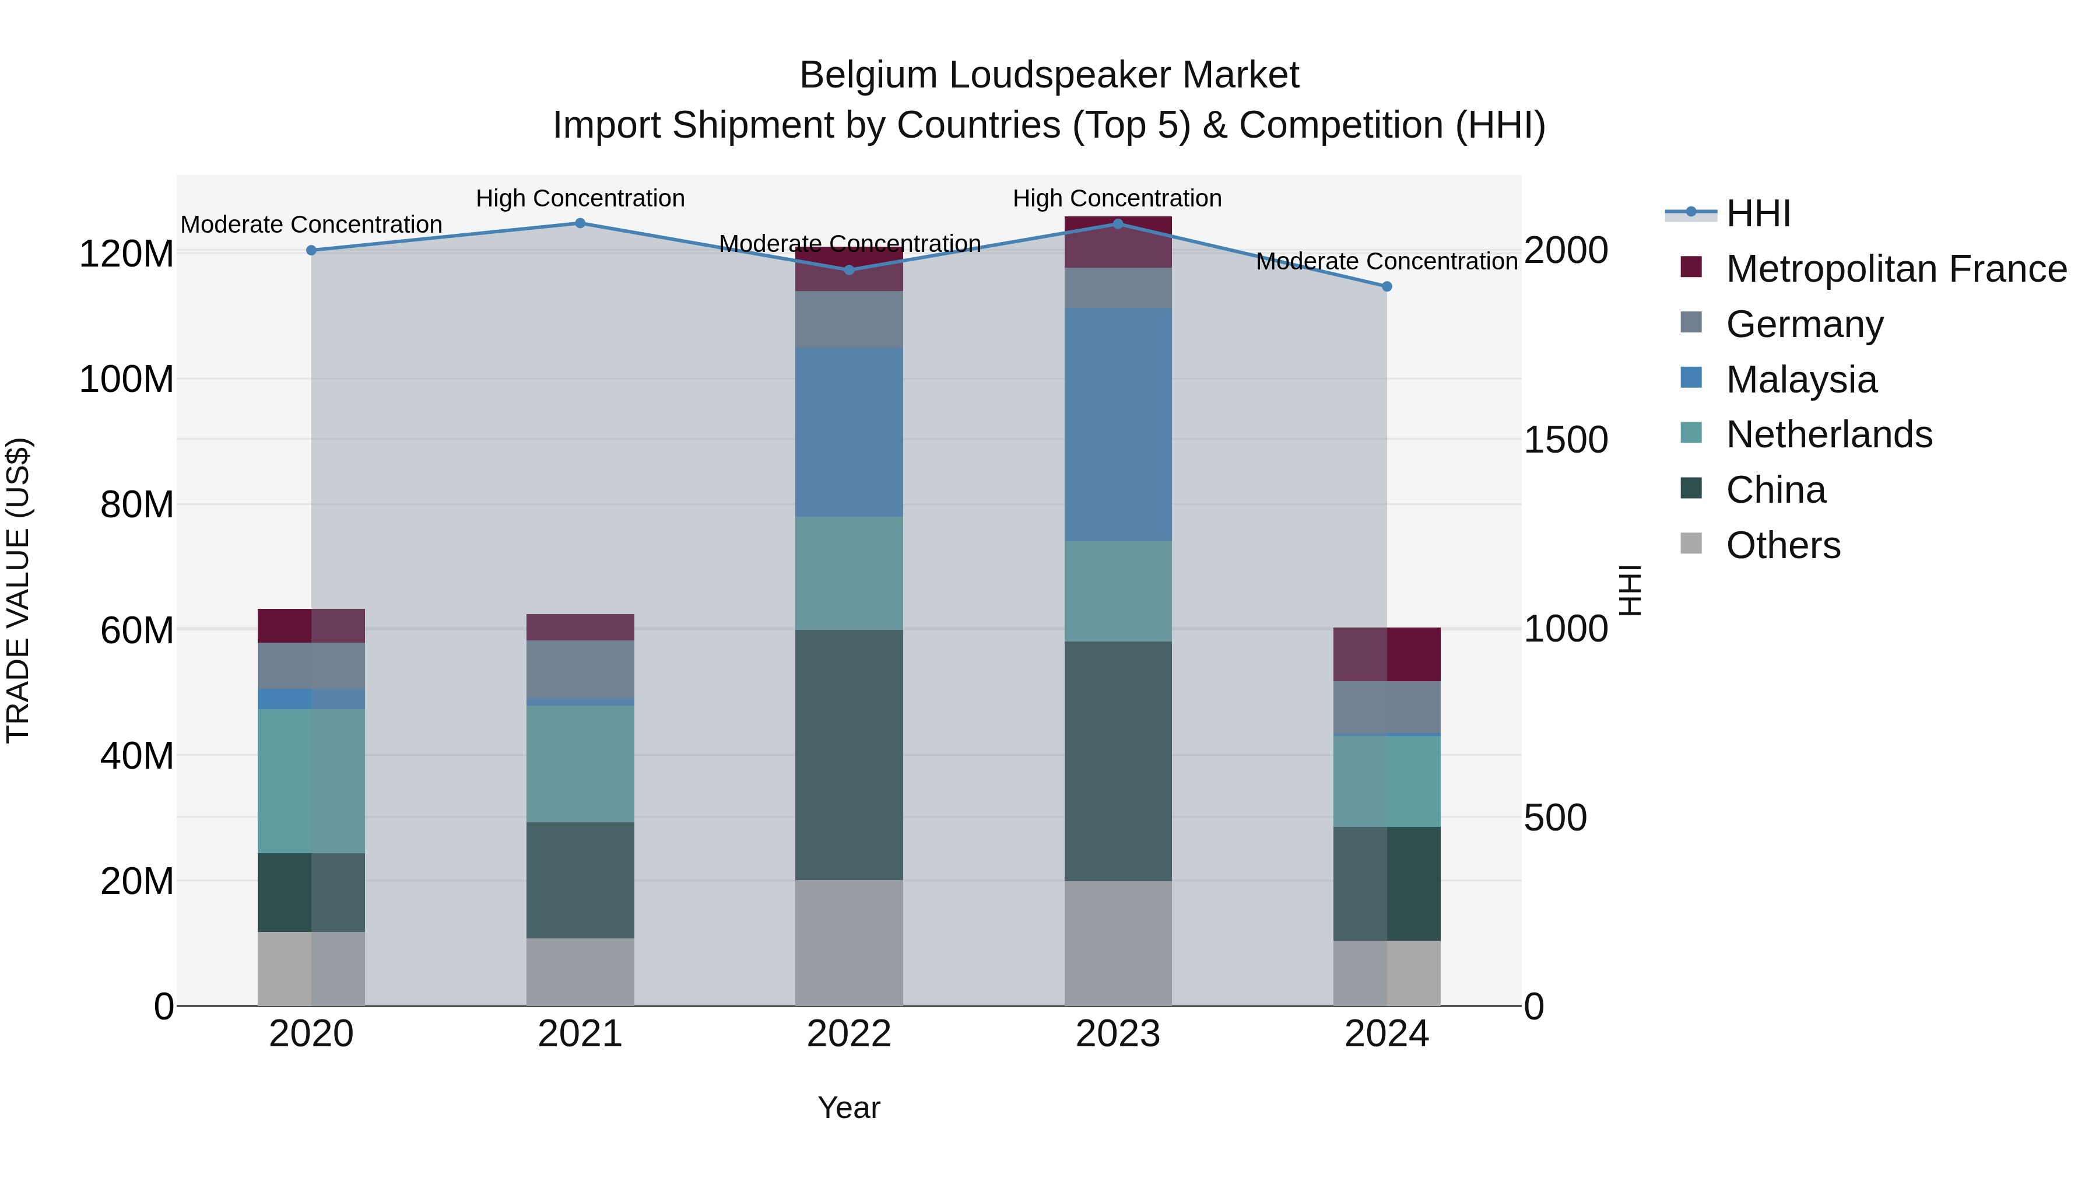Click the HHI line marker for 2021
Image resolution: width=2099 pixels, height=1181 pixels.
point(580,223)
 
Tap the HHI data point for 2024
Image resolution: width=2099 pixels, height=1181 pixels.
point(1387,287)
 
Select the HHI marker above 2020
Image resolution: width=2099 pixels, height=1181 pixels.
point(311,250)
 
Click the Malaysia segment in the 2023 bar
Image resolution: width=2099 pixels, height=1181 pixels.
point(1118,425)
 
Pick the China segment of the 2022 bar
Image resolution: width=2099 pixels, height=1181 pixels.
point(849,755)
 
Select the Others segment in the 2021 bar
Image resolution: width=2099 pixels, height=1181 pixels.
point(580,972)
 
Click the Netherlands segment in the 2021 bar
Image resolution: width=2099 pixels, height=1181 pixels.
point(580,763)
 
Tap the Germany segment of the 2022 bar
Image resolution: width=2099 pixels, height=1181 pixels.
point(849,320)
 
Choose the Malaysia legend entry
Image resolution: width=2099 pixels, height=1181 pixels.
point(1801,380)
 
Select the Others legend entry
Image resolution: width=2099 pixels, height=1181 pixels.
point(1783,545)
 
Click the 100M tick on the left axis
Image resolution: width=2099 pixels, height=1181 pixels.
point(127,380)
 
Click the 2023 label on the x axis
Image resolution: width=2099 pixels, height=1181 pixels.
point(1118,1034)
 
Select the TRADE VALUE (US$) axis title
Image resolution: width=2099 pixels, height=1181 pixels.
point(18,590)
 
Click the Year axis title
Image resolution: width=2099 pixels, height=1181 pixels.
point(849,1108)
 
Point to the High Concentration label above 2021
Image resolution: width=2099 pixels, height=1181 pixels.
point(580,198)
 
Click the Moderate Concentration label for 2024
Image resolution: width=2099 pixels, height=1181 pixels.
point(1387,262)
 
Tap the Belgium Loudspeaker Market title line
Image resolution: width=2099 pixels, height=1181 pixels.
point(1049,75)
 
